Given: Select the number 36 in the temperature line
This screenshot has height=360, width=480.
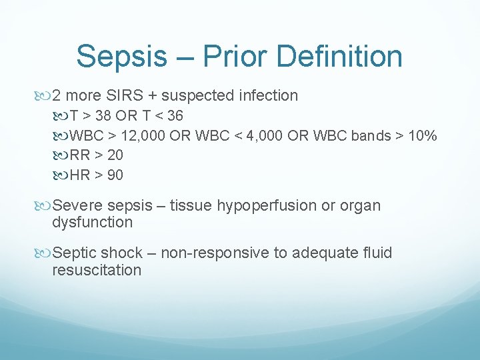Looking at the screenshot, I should [174, 115].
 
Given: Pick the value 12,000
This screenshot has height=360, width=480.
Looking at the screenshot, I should [143, 135].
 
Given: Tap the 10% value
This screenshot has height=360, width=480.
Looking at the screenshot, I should [422, 135].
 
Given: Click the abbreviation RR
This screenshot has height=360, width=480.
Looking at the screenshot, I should [79, 155].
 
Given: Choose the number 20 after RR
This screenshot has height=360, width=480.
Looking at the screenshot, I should [114, 155].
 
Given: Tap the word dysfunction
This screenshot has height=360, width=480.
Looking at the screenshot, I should [92, 223].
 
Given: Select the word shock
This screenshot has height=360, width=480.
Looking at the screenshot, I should [122, 253].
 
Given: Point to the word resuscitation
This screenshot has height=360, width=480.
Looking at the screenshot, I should [97, 270].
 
